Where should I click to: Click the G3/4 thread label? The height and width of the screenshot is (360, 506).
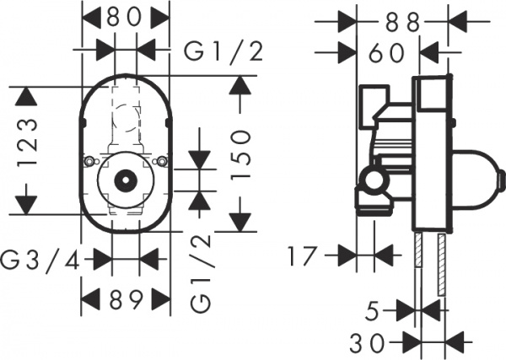tap(41, 260)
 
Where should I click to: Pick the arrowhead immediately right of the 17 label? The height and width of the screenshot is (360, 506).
tap(345, 253)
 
